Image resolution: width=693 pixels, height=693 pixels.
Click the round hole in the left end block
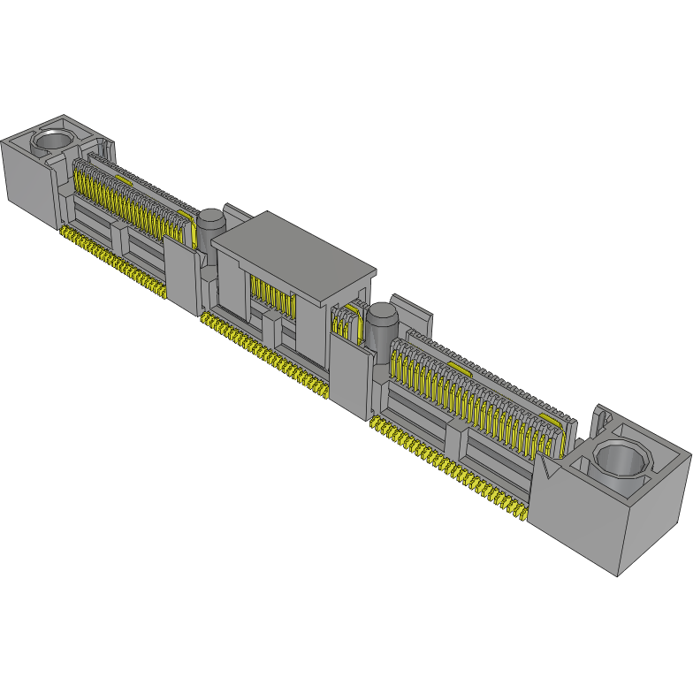pyautogui.click(x=54, y=140)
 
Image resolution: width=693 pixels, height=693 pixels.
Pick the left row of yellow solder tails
pyautogui.click(x=111, y=260)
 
